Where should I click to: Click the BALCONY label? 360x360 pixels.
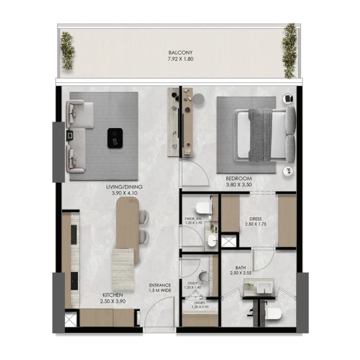[x=180, y=53]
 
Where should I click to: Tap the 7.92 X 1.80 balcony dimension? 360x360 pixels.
[x=180, y=59]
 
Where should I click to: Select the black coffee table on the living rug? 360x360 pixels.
[x=115, y=138]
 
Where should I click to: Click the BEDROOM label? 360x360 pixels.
[x=238, y=178]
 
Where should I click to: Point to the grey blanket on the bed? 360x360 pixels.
[x=261, y=135]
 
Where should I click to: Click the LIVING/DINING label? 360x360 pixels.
[x=124, y=187]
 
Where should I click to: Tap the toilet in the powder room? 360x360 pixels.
[x=204, y=208]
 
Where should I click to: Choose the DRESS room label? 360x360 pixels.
[x=256, y=219]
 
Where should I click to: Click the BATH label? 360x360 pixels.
[x=241, y=268]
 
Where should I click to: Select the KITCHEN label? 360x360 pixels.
[x=113, y=295]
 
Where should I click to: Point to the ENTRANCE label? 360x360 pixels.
[x=160, y=285]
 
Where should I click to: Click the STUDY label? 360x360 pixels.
[x=193, y=283]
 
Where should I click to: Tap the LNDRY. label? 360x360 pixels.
[x=200, y=303]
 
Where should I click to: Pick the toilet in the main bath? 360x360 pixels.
[x=273, y=314]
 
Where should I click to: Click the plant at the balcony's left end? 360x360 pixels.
[x=67, y=51]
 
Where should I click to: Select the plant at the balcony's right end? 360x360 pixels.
[x=289, y=51]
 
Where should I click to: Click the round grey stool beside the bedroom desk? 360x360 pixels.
[x=199, y=99]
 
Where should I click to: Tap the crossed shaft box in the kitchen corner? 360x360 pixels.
[x=70, y=318]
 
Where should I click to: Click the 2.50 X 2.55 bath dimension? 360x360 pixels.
[x=241, y=273]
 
